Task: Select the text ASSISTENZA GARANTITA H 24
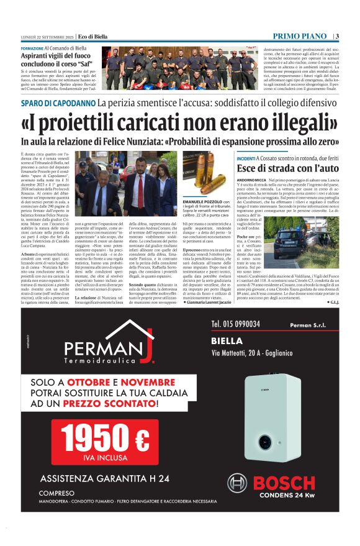(x=104, y=478)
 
